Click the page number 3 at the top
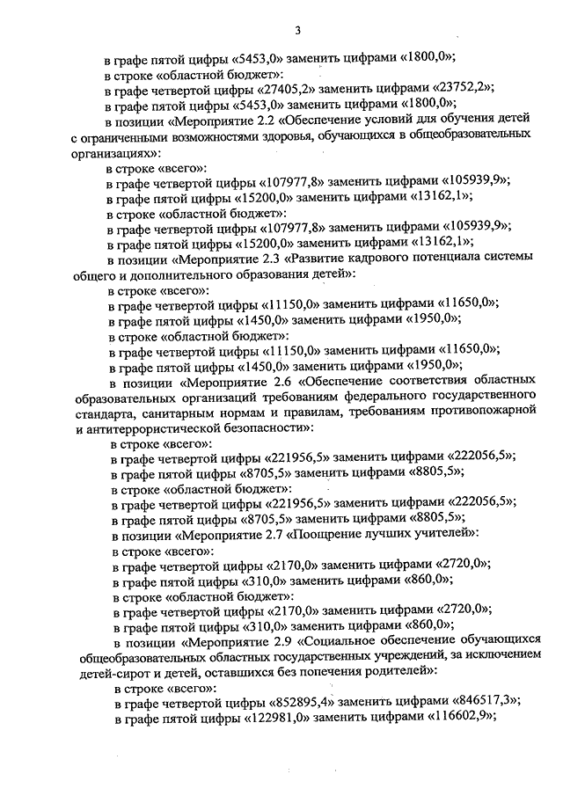pyautogui.click(x=298, y=32)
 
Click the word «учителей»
pyautogui.click(x=446, y=533)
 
